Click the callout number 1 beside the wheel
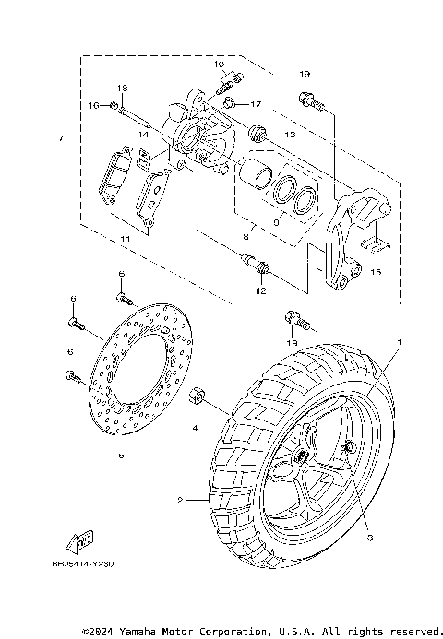400,342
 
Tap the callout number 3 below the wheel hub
367,538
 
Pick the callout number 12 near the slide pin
261,291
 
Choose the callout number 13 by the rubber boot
289,135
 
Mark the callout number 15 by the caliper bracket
375,272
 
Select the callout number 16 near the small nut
93,107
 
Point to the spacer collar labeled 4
197,398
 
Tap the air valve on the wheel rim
350,448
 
